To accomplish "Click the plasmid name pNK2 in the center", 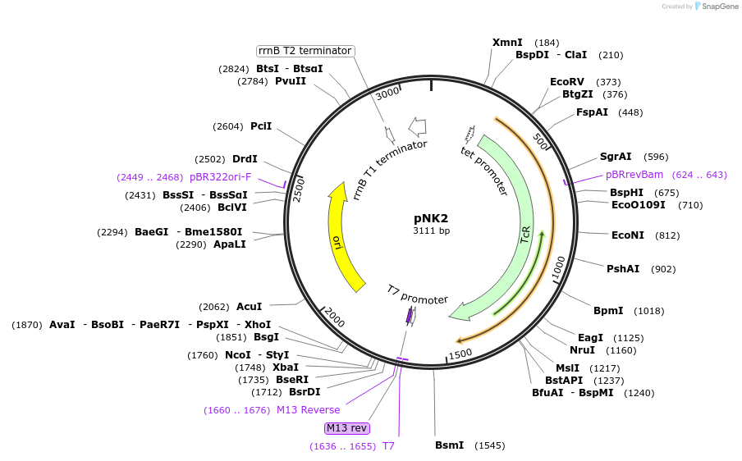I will click(x=431, y=218).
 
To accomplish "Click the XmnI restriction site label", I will click(x=507, y=43).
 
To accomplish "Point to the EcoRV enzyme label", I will click(x=567, y=82).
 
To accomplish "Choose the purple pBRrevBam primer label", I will click(x=634, y=175).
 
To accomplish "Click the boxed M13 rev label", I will click(x=347, y=428).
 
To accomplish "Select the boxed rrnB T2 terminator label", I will click(x=305, y=51).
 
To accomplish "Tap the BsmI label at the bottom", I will click(x=449, y=445).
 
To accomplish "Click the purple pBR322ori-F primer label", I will click(x=220, y=176).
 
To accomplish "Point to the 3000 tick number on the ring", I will click(x=387, y=94).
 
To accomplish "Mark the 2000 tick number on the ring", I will click(x=334, y=314).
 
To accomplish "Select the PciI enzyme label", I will click(x=261, y=126).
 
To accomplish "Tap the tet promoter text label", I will click(x=484, y=171).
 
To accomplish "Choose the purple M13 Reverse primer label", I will click(x=308, y=410).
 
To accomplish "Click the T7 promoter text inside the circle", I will click(x=417, y=294).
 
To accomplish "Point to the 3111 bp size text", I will click(x=431, y=231).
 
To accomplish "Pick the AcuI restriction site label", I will click(x=250, y=307).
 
